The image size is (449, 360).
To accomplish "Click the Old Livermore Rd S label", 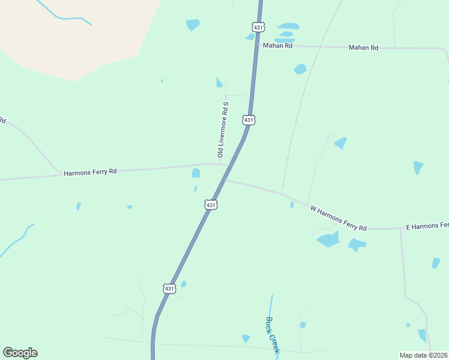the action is click(x=223, y=130).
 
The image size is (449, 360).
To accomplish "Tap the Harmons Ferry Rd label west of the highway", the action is click(x=90, y=172).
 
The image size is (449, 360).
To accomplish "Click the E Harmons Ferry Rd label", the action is click(x=427, y=226).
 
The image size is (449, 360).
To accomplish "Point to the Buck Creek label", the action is click(x=273, y=335).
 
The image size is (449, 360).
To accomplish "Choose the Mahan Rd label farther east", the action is click(x=364, y=47).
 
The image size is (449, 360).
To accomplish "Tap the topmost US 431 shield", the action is click(x=259, y=27).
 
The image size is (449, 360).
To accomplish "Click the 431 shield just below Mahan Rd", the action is click(x=249, y=120).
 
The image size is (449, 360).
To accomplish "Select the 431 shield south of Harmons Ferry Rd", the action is click(x=210, y=205).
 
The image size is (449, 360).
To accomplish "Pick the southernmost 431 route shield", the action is click(x=169, y=289).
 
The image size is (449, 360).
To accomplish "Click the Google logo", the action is click(x=20, y=353).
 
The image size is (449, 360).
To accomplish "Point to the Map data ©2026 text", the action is click(x=423, y=355).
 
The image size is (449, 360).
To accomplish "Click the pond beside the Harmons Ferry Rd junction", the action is click(x=196, y=173).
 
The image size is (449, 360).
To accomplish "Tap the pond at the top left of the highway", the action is click(x=193, y=24).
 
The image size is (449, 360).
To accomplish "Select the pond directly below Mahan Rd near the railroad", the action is click(x=300, y=69).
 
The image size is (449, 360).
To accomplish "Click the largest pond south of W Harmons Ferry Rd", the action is click(x=328, y=240).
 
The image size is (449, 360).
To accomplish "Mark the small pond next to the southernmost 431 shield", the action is click(x=184, y=284).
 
